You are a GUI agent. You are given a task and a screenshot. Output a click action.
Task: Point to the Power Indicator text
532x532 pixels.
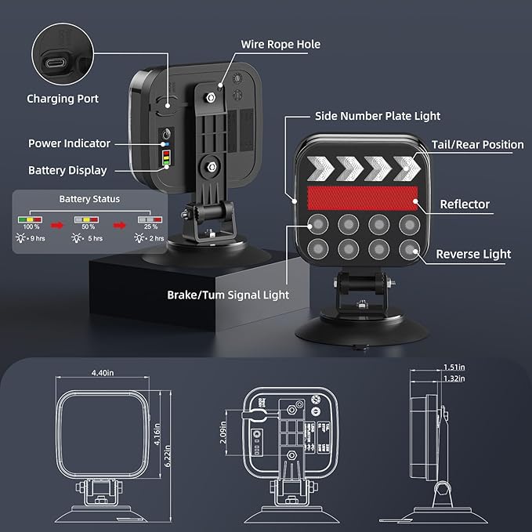pyautogui.click(x=69, y=143)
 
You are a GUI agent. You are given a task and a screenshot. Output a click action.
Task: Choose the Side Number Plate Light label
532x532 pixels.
pyautogui.click(x=378, y=116)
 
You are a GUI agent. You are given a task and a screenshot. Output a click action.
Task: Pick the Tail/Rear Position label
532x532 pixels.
pyautogui.click(x=477, y=144)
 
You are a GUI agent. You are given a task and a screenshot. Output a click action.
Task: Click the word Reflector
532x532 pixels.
pyautogui.click(x=465, y=204)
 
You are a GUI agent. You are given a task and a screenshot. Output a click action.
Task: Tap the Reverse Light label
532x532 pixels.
pyautogui.click(x=473, y=254)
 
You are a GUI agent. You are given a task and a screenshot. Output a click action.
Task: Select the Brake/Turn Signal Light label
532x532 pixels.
pyautogui.click(x=228, y=295)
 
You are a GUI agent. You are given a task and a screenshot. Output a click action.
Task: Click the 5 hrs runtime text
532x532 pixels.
pyautogui.click(x=93, y=238)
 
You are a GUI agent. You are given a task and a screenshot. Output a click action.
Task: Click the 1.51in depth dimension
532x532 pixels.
pyautogui.click(x=453, y=367)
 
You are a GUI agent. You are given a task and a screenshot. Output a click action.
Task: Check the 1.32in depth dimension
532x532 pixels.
pyautogui.click(x=453, y=378)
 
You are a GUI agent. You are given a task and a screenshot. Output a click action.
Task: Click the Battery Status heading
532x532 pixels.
pyautogui.click(x=90, y=200)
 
